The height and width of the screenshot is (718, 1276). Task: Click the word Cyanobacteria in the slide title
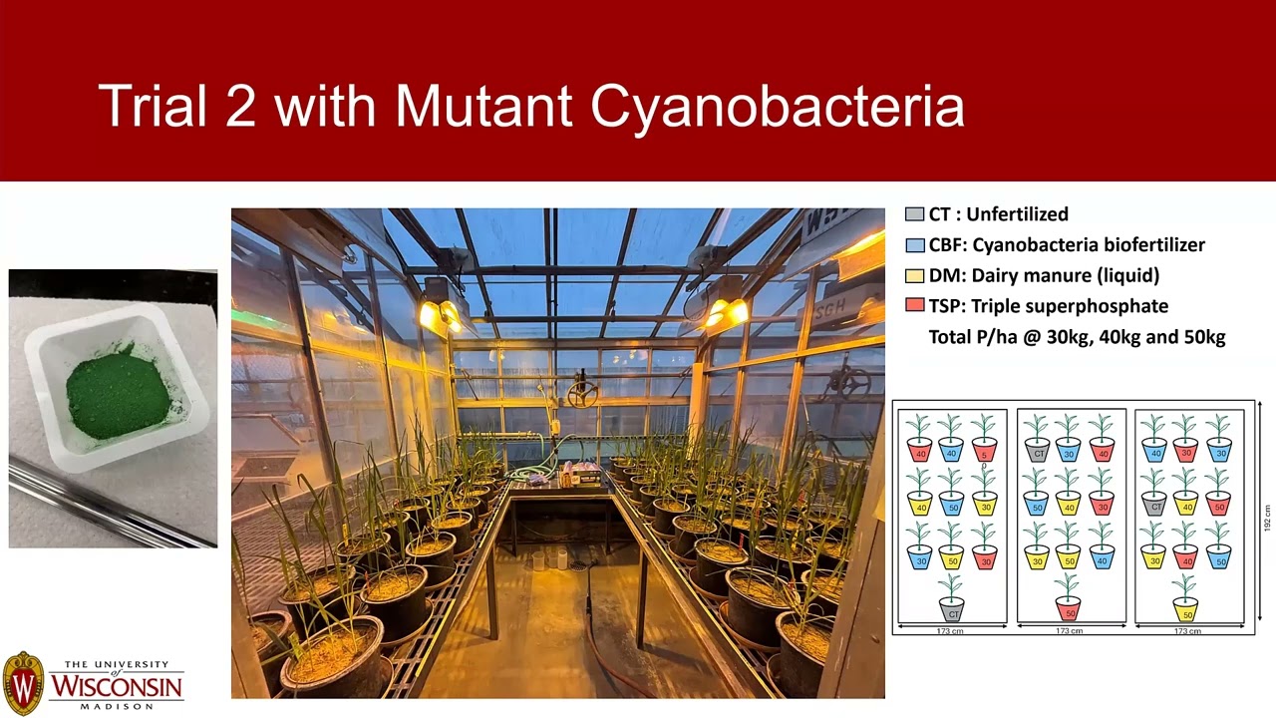click(777, 106)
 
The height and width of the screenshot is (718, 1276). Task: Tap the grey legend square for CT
click(914, 214)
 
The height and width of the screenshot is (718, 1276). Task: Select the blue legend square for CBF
click(914, 245)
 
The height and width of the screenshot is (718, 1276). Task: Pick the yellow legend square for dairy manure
click(914, 276)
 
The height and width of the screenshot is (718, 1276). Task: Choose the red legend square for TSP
click(914, 306)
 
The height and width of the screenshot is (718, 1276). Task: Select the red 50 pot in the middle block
click(1068, 608)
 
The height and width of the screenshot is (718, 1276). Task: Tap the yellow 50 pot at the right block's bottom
click(1185, 608)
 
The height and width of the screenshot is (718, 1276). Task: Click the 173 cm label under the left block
click(950, 630)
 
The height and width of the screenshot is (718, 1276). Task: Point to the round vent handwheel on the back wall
click(582, 395)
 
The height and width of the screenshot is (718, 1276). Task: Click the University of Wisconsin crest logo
click(23, 682)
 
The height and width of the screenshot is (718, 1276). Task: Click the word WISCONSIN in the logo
click(117, 686)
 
